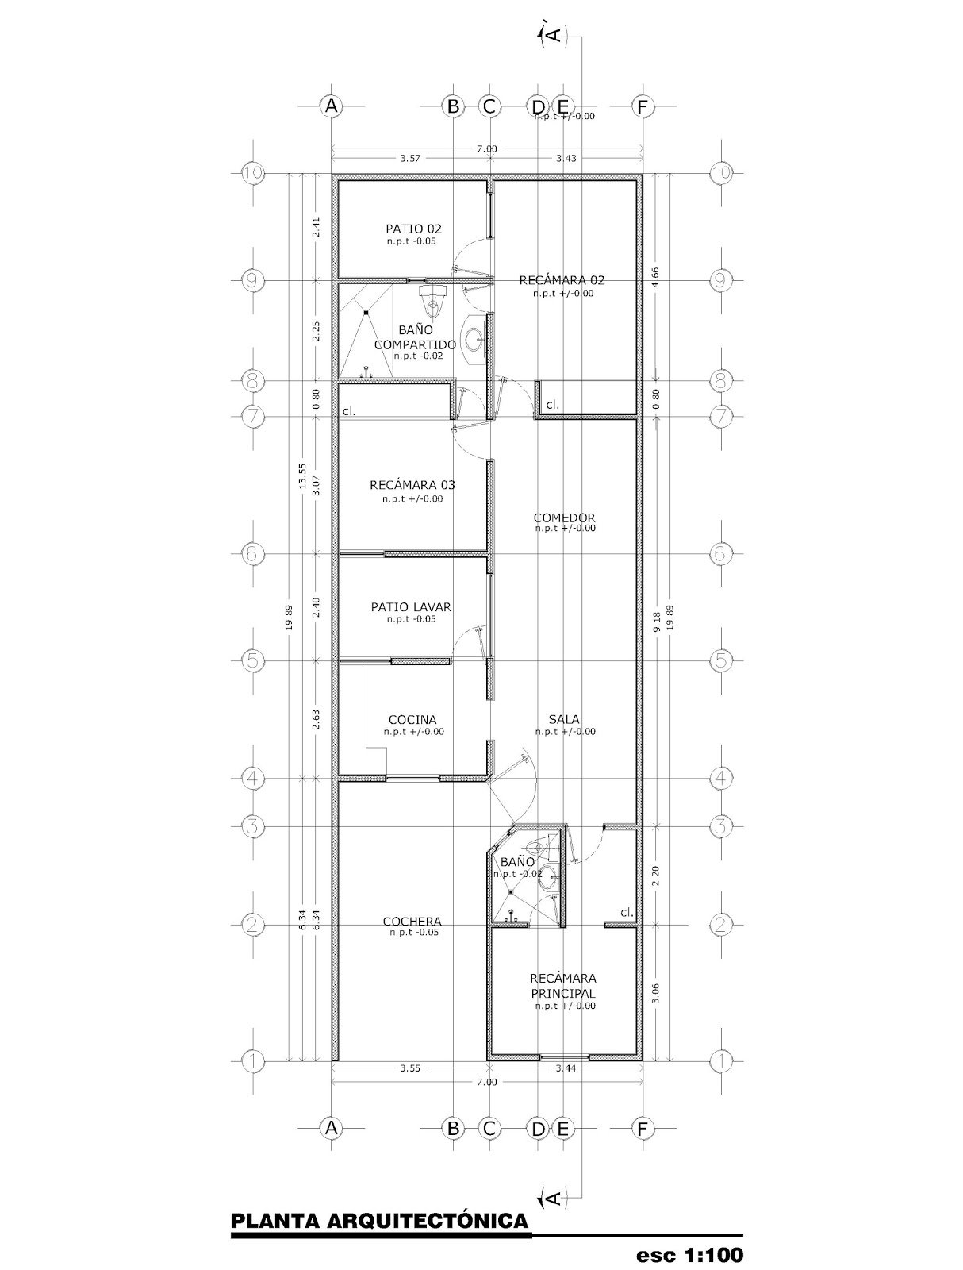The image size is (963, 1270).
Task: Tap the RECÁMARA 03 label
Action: (x=412, y=485)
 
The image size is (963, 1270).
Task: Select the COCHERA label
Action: (x=412, y=922)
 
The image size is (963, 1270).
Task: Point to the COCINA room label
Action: (x=412, y=720)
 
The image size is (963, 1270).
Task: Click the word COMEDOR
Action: (x=564, y=518)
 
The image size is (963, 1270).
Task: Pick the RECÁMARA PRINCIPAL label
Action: (x=564, y=986)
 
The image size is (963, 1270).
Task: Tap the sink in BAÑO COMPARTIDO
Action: (x=474, y=340)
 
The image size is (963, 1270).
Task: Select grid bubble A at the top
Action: (x=331, y=106)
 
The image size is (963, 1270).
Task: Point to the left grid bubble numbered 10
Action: (x=252, y=173)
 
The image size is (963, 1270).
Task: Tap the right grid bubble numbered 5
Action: (x=720, y=660)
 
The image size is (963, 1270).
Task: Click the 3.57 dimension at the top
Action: (x=409, y=158)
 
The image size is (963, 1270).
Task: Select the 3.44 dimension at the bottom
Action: (x=566, y=1068)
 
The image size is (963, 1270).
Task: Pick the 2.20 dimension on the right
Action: (x=656, y=876)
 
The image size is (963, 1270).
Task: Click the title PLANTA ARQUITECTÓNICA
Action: (x=379, y=1220)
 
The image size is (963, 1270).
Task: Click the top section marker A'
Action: (x=551, y=34)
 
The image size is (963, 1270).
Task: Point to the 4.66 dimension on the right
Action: (x=656, y=277)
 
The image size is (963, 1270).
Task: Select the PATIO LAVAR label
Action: (x=411, y=607)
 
